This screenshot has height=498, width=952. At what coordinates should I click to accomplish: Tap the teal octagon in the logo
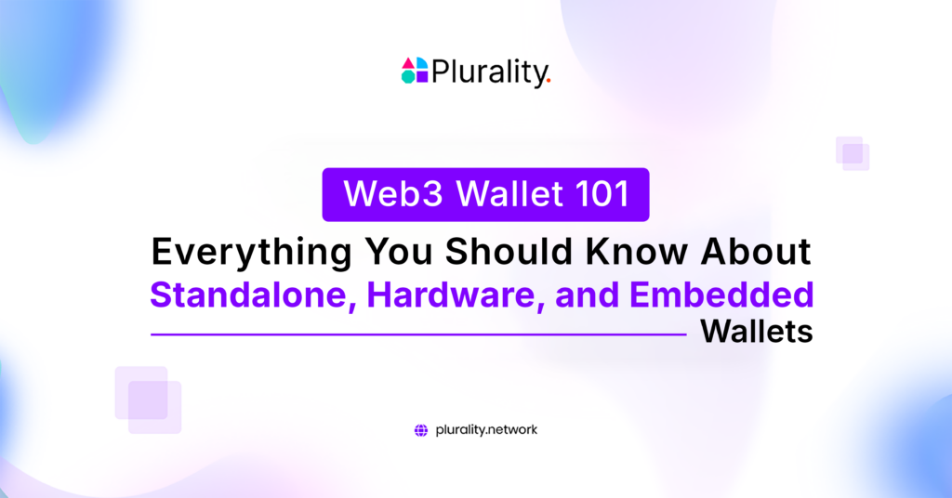point(408,77)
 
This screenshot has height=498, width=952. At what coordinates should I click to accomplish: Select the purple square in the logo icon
point(421,77)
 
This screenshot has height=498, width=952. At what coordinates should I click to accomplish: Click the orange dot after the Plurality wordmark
point(549,82)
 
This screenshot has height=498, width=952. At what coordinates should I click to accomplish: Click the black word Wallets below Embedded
point(756,332)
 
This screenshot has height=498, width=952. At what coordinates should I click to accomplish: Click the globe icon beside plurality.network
point(421,430)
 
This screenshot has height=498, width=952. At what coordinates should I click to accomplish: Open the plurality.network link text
point(486,430)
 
